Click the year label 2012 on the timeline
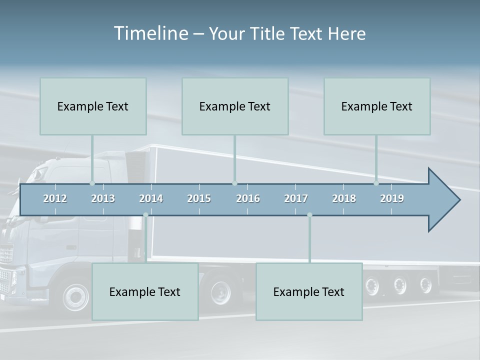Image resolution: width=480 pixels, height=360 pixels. [x=55, y=198]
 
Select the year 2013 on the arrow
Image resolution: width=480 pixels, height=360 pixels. [x=103, y=198]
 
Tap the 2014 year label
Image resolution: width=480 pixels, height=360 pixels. [x=151, y=198]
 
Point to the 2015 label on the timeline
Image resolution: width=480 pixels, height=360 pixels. [x=199, y=198]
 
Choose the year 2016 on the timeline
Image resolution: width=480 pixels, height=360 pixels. [x=248, y=198]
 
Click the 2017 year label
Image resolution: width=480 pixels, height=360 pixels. [x=296, y=198]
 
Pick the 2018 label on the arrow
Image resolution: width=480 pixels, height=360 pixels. [x=344, y=198]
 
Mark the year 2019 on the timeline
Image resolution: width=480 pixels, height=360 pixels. [x=392, y=198]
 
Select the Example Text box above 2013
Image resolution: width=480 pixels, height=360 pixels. [x=93, y=106]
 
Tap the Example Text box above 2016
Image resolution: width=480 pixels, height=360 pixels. [x=235, y=106]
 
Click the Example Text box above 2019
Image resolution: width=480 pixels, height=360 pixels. [x=377, y=106]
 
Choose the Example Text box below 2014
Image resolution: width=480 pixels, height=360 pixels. [x=145, y=292]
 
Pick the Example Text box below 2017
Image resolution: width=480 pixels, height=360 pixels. [x=309, y=292]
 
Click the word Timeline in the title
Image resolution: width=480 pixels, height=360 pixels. [x=150, y=33]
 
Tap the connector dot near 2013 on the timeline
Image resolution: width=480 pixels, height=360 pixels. [x=92, y=183]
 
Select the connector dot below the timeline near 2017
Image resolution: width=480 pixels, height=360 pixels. [x=309, y=215]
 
